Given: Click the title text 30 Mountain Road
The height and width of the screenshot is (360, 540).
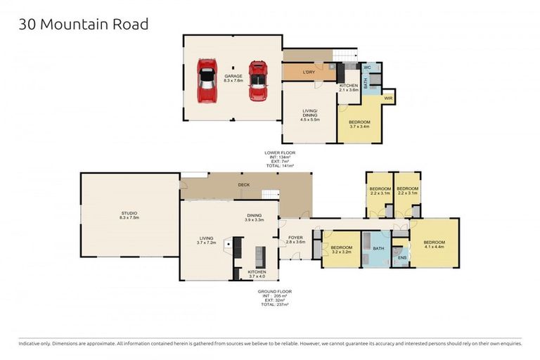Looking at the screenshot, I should (83, 24).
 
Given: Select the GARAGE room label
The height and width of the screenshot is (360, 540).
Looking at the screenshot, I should (233, 78).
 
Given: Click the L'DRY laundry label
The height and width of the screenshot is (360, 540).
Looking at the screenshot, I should (308, 72).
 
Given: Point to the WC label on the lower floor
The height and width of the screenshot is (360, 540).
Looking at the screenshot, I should (367, 67).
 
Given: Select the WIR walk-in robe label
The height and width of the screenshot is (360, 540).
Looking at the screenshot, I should (387, 98).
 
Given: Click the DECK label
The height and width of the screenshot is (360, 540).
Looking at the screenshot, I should (244, 186).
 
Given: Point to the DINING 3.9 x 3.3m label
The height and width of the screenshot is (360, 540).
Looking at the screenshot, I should (255, 218).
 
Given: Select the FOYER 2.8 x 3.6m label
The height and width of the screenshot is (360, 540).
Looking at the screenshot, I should (295, 240).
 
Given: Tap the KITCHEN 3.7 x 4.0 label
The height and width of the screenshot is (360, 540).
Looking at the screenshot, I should (257, 273).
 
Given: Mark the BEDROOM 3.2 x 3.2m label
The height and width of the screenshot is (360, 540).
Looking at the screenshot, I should (342, 249).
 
